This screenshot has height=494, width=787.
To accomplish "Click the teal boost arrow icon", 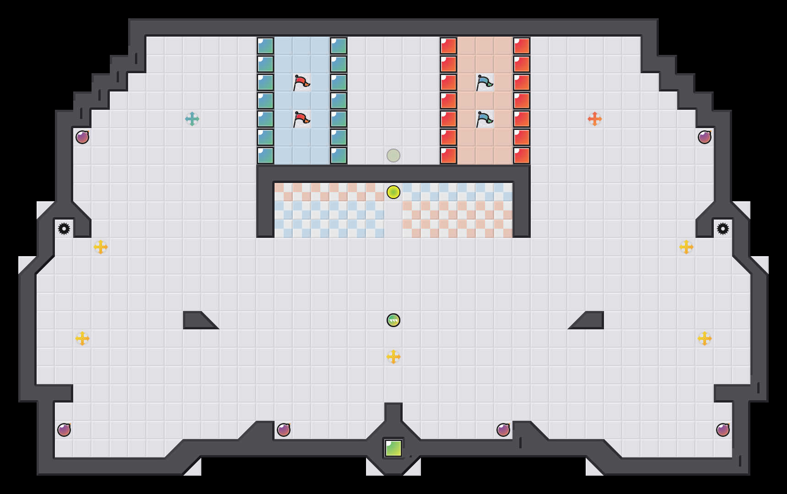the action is coord(192,119).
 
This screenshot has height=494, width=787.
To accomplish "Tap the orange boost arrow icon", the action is coord(595,119).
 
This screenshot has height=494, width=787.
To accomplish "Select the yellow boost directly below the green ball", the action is coord(393,357).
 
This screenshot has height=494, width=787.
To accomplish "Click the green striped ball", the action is coord(393,320).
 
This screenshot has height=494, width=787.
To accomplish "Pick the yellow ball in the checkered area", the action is coord(393,192).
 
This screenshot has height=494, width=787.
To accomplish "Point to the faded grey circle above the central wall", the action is coord(393,156).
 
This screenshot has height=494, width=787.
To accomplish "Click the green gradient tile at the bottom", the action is coord(393,448).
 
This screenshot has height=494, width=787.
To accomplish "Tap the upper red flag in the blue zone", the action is coord(301,83).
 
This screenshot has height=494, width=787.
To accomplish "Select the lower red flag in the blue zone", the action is coord(301,119).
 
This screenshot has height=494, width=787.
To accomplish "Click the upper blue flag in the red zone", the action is coord(484,83).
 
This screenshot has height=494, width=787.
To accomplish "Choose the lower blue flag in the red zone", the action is coord(484,119).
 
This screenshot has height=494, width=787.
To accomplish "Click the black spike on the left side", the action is coord(64,229).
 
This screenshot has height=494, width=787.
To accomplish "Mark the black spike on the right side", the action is coord(723,229).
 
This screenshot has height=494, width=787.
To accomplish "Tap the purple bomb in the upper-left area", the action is coord(82,137).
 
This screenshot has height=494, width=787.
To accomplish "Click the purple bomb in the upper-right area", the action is coord(705,137).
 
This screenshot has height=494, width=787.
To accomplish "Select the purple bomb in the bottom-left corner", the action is coord(64,430).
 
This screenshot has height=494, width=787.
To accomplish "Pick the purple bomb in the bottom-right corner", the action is coord(723,430).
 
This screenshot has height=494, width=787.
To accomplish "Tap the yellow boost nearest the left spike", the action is coord(101,247).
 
